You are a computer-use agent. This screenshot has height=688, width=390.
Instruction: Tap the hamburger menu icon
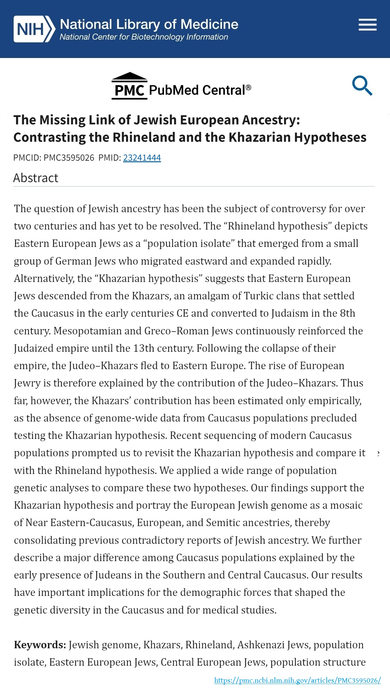pyautogui.click(x=367, y=25)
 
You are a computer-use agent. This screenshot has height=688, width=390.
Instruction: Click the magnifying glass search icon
pyautogui.click(x=362, y=85)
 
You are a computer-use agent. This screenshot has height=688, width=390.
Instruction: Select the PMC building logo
pyautogui.click(x=129, y=86)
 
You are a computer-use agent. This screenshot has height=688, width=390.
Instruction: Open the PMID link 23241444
pyautogui.click(x=142, y=158)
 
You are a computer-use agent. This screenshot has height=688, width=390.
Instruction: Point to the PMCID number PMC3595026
pyautogui.click(x=69, y=158)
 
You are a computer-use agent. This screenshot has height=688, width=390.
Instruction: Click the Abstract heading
pyautogui.click(x=36, y=178)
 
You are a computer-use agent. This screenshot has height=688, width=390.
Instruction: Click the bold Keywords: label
pyautogui.click(x=40, y=645)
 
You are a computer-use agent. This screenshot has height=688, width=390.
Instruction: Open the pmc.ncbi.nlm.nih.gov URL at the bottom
pyautogui.click(x=297, y=680)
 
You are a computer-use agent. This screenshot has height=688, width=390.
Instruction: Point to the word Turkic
pyautogui.click(x=259, y=296)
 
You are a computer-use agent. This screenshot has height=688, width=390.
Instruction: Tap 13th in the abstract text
pyautogui.click(x=144, y=348)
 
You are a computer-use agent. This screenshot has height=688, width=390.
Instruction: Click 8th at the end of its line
pyautogui.click(x=347, y=313)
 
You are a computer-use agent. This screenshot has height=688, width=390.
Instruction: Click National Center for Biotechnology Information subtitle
pyautogui.click(x=144, y=37)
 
